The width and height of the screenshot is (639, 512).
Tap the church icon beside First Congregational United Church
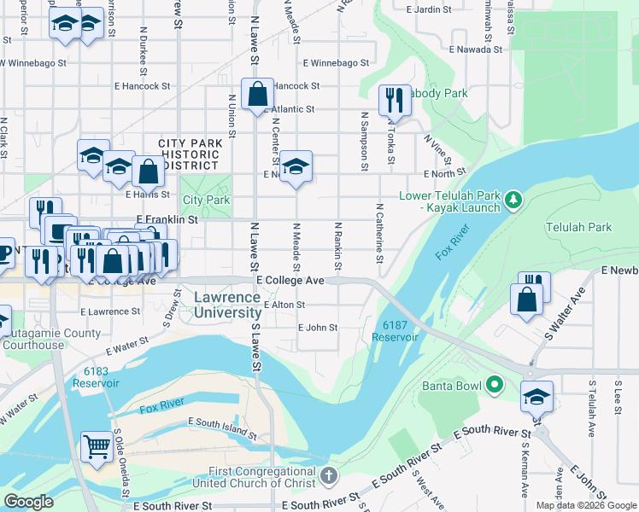click(328, 474)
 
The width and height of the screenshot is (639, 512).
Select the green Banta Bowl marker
click(494, 386)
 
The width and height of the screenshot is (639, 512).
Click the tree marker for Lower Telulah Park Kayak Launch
click(513, 201)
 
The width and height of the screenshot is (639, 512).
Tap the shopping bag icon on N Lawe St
click(257, 94)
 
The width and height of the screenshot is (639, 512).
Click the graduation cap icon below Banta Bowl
click(536, 396)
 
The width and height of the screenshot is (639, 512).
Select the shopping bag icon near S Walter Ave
click(527, 300)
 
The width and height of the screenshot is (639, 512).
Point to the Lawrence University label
click(227, 305)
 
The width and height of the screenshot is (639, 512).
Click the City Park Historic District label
click(189, 154)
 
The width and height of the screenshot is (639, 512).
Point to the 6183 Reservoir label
click(96, 376)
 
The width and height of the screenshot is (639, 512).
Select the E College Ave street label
click(290, 280)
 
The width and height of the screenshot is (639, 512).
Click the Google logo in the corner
click(29, 502)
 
